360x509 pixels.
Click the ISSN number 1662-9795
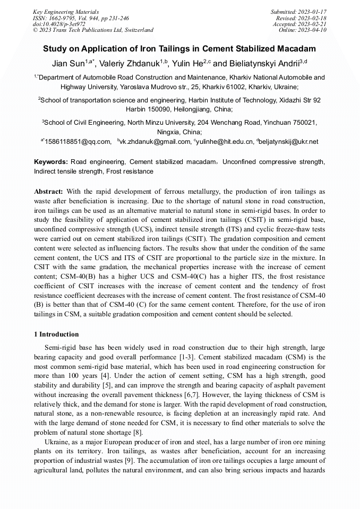[64, 18]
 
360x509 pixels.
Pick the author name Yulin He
[187, 64]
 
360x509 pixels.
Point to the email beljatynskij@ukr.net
[289, 142]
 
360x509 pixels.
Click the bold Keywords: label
[51, 161]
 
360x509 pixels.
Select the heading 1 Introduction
[56, 334]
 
